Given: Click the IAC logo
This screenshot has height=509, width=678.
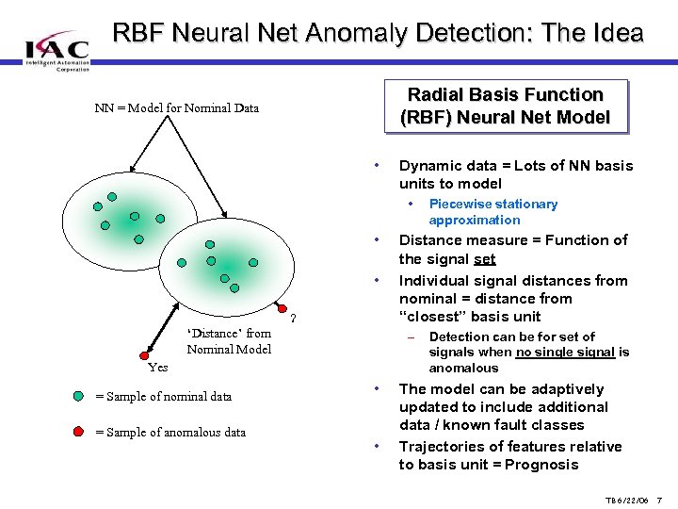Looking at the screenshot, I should (56, 48).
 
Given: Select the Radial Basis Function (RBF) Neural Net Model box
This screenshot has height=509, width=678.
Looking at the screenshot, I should (506, 106).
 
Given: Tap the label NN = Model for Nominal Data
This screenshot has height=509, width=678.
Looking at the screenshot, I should (177, 107).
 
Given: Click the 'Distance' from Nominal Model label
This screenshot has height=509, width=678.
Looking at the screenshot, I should (229, 340).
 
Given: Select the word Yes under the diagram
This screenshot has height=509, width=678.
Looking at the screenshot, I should (158, 367).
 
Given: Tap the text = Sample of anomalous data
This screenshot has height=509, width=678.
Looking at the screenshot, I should (170, 433).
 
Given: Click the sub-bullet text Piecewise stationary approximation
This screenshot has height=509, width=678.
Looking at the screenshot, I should (492, 212).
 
